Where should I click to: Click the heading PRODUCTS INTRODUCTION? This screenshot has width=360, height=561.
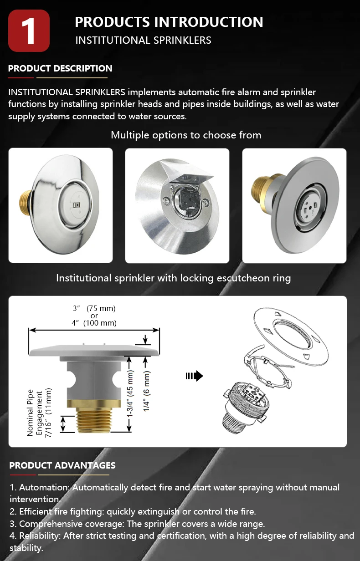click(169, 22)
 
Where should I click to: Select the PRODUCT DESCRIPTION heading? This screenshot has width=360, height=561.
click(60, 69)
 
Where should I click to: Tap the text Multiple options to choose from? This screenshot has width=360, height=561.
click(186, 135)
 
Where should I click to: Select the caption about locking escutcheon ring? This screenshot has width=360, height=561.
click(173, 278)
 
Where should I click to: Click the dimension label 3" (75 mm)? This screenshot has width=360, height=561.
click(94, 308)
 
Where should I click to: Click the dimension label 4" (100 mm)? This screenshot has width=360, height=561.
click(94, 323)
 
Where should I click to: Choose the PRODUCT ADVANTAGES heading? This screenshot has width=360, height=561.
click(62, 465)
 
